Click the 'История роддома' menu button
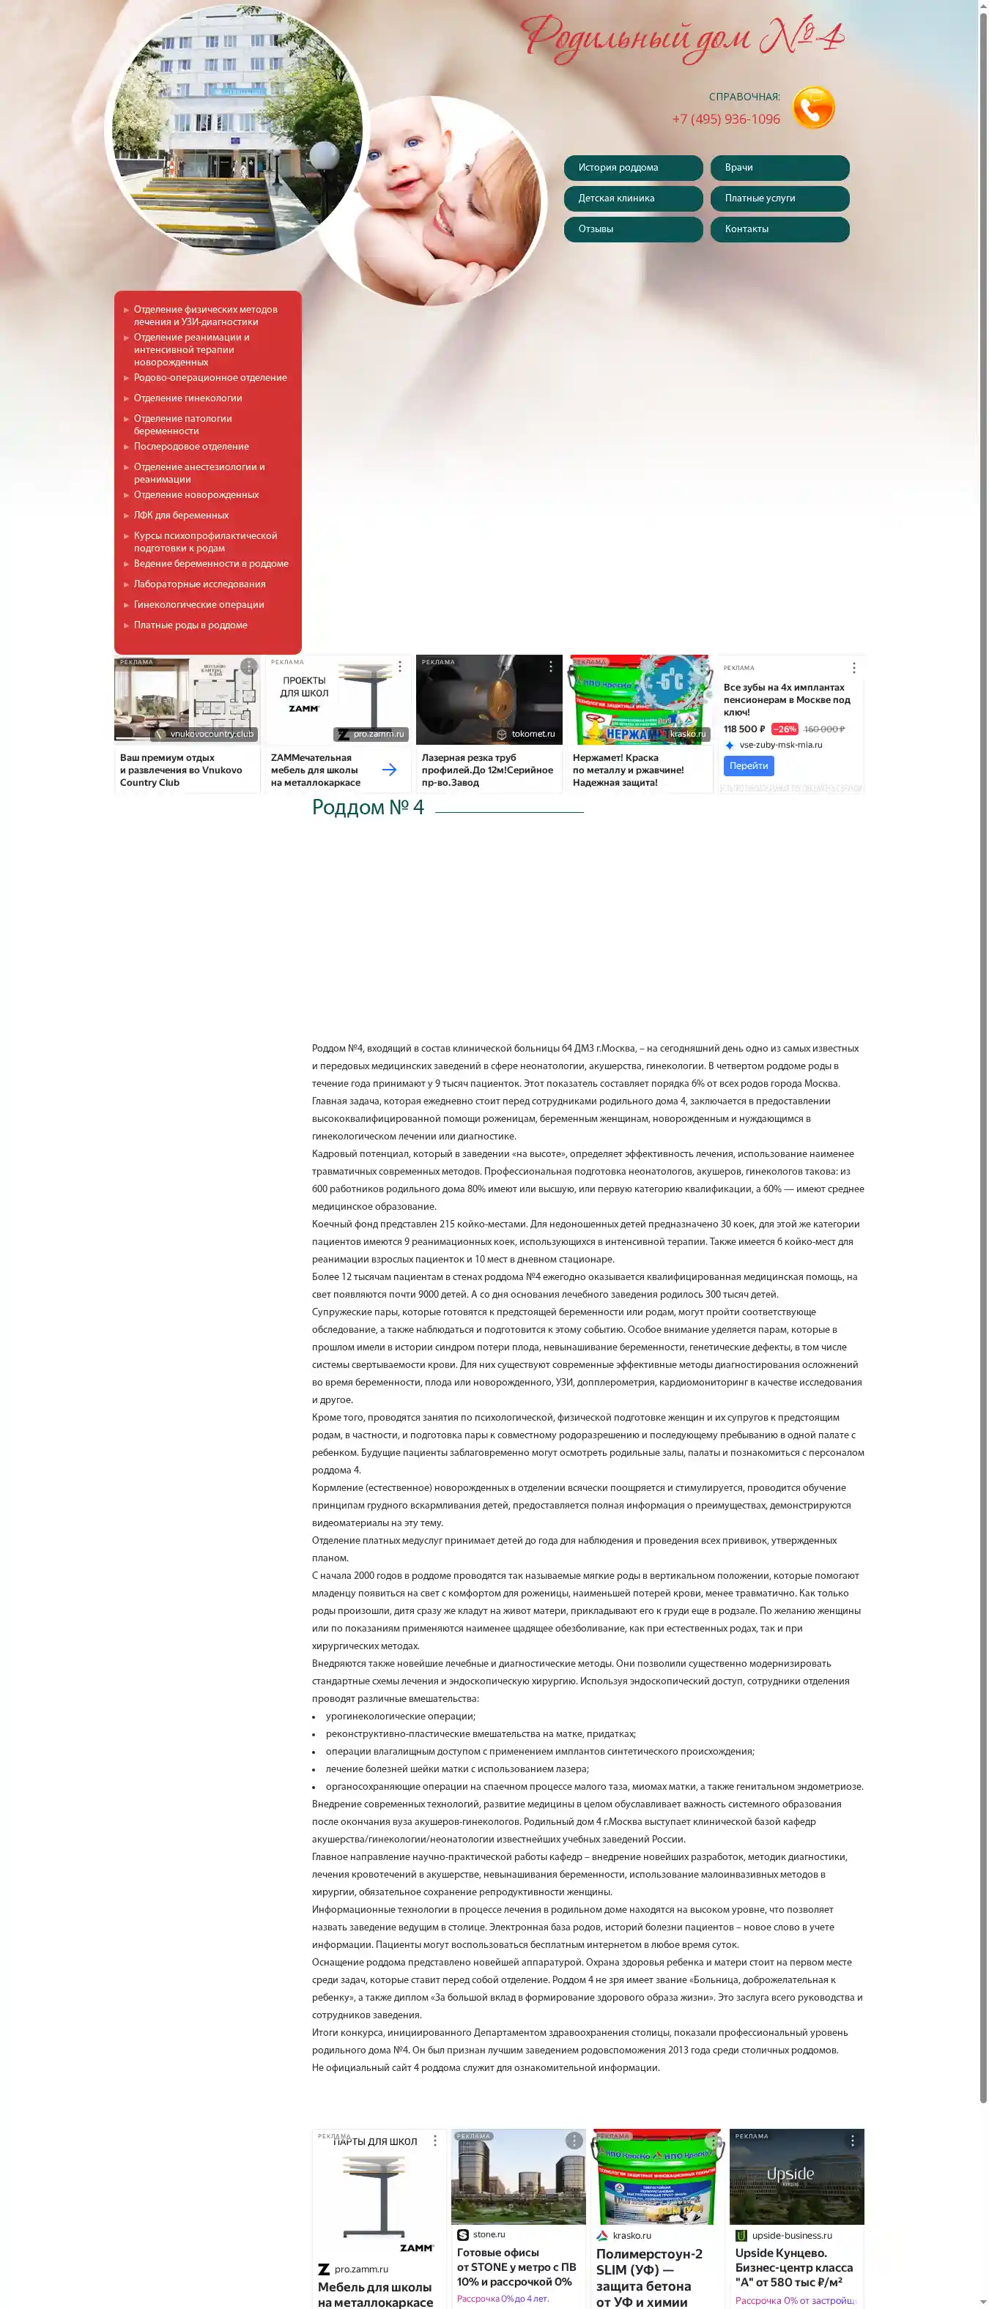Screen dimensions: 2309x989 632,168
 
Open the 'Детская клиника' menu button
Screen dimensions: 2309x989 632,198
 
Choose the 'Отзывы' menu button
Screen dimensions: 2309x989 632,228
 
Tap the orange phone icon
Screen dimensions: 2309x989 812,108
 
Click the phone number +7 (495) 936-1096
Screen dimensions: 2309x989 725,119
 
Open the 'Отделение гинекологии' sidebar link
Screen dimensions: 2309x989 188,398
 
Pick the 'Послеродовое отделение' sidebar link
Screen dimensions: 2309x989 191,447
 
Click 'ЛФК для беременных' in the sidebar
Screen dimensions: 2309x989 181,516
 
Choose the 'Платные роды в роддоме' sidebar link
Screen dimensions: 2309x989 190,625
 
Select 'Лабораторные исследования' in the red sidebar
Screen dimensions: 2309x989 199,584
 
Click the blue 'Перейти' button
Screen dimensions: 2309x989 748,765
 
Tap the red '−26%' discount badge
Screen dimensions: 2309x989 784,729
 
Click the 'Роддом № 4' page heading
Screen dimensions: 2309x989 368,808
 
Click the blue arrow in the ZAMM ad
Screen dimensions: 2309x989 389,769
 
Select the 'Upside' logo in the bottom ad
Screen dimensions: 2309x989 790,2174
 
